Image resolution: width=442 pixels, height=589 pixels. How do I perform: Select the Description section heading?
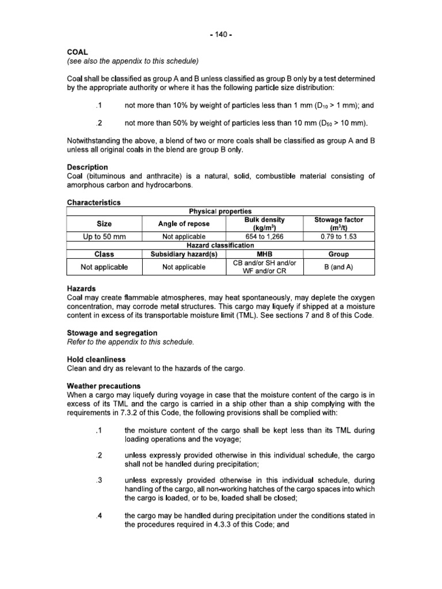tap(87, 167)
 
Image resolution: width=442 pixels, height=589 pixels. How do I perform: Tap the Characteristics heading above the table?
tap(94, 202)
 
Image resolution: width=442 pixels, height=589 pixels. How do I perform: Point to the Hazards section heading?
tap(81, 289)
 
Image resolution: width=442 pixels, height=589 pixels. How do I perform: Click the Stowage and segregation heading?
tap(112, 333)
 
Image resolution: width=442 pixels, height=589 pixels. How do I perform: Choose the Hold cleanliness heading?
tap(96, 359)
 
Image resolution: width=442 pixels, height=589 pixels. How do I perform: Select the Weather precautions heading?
tap(104, 386)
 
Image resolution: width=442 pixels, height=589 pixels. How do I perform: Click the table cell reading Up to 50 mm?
tap(105, 236)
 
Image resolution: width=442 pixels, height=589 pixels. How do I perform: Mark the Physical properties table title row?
tap(220, 211)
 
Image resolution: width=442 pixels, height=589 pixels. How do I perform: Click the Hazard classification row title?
tap(220, 245)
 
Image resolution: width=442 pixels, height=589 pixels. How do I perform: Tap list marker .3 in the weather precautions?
tap(99, 480)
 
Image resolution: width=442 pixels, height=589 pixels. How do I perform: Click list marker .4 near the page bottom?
tap(99, 515)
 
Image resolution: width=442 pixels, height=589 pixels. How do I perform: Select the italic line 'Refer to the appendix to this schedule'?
tap(129, 342)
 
